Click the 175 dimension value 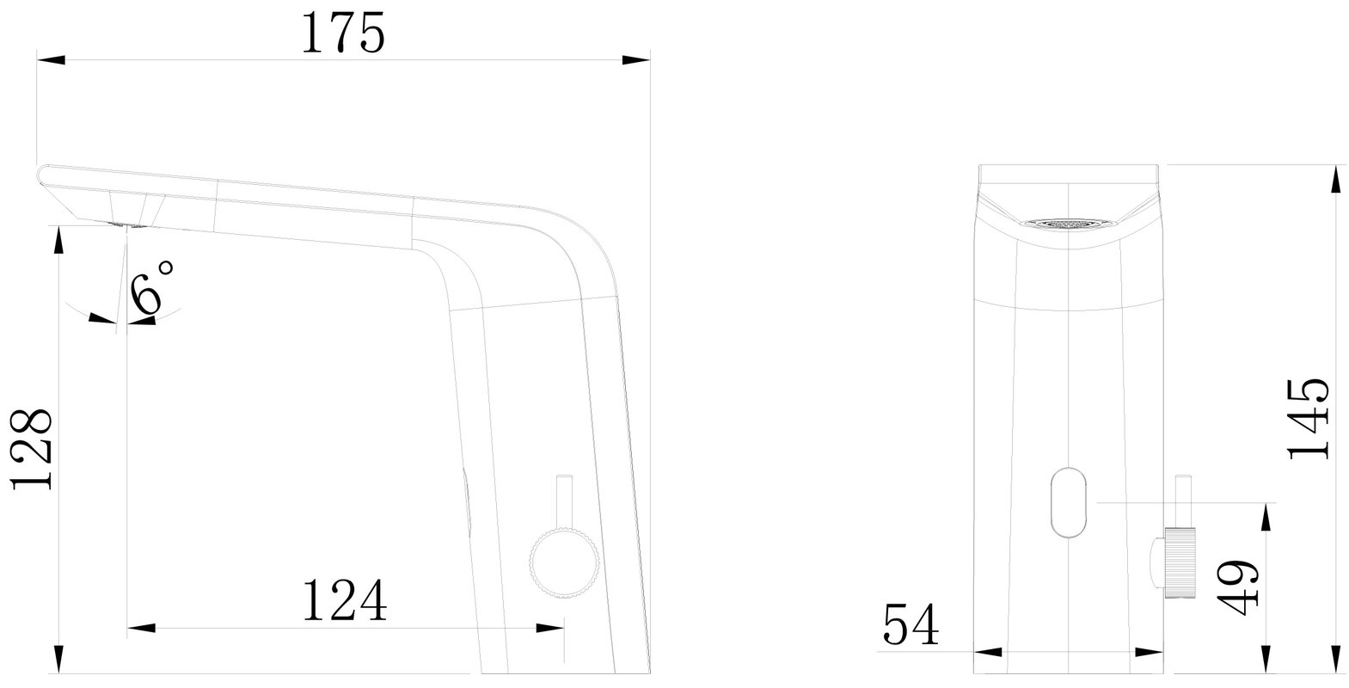(343, 34)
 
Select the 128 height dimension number (32, 450)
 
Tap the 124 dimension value (344, 600)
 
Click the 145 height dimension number (1308, 420)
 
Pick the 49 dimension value (1237, 588)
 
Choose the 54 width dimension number (911, 624)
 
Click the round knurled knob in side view (564, 563)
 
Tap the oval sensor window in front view (1069, 502)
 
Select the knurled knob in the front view (1179, 563)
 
